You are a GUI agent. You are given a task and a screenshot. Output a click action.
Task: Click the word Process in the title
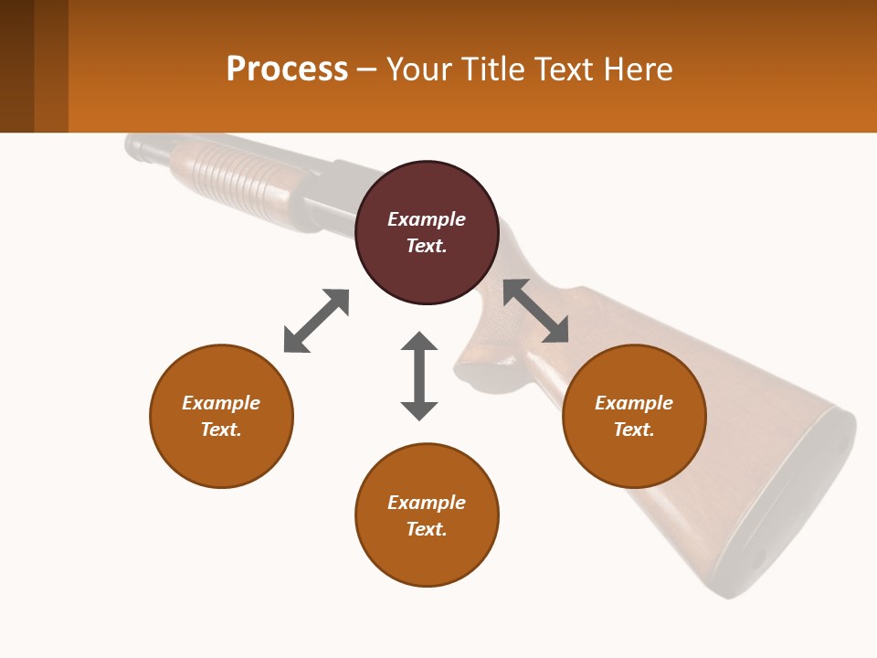[x=287, y=69]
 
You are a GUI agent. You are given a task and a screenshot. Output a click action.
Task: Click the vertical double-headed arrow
[x=419, y=376]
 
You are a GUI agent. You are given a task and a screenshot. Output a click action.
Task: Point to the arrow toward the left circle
[x=316, y=321]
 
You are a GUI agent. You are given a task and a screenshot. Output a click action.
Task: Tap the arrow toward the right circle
[x=536, y=311]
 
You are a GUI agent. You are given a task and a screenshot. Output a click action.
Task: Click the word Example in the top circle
[x=427, y=219]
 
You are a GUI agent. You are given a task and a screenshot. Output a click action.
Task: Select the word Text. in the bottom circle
[x=427, y=529]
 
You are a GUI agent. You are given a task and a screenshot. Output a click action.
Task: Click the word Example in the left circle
[x=221, y=403]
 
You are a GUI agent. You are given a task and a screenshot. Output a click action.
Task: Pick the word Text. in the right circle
[x=634, y=430]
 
